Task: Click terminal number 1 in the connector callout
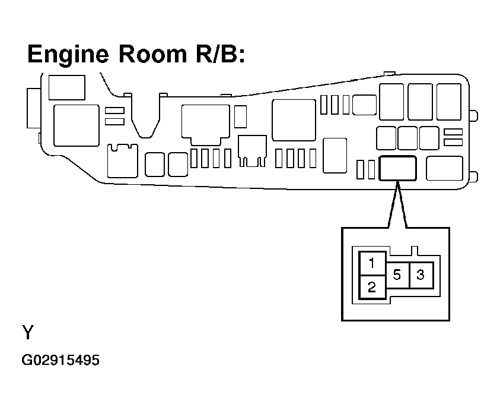371,263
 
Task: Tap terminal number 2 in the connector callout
371,288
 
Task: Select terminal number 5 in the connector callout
397,275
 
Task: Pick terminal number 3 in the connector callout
421,275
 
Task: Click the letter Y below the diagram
28,333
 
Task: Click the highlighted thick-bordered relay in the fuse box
397,168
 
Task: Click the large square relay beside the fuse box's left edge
76,125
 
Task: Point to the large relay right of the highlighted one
444,168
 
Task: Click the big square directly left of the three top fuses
293,120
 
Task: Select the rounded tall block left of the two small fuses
336,156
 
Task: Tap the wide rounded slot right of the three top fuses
364,105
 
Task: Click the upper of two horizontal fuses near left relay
114,111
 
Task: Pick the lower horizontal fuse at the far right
453,141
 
